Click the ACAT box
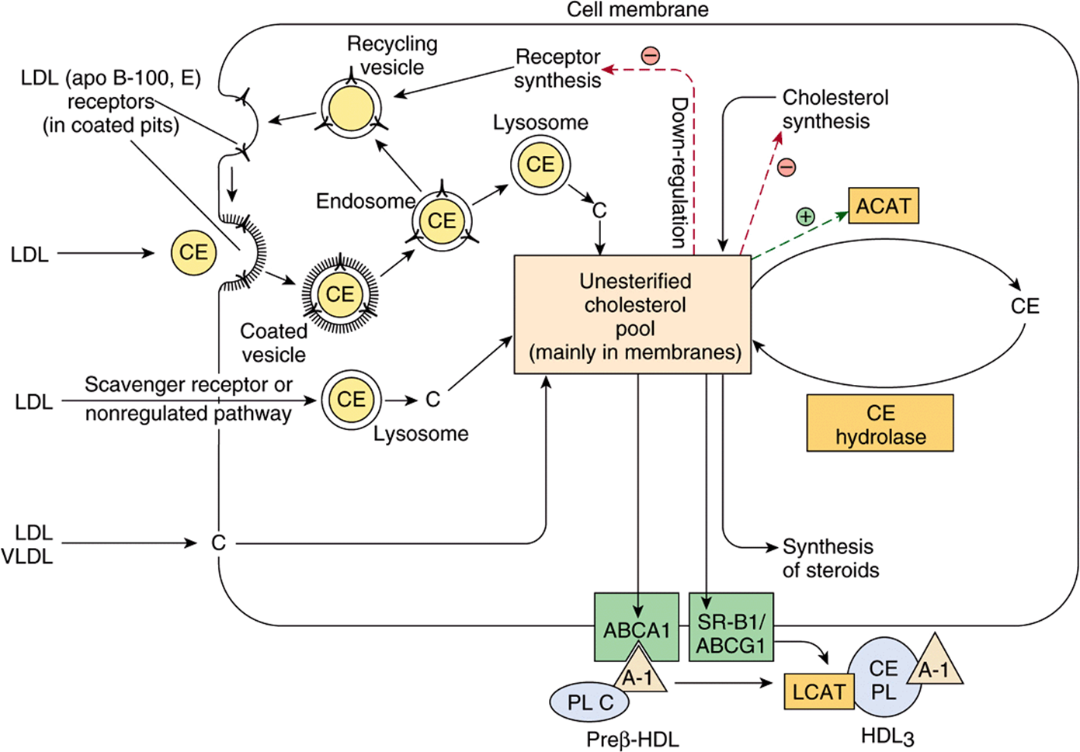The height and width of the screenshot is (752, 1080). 884,206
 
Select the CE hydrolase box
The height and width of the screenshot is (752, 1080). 880,423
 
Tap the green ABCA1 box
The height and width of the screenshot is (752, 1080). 637,627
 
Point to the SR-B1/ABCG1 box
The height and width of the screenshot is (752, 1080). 731,627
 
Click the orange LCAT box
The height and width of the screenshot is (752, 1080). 818,691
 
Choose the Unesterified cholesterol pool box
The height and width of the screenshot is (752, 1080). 633,315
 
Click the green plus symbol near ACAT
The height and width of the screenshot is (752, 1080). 805,217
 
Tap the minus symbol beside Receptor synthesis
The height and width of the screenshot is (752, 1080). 651,55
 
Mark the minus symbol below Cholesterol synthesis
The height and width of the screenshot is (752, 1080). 787,168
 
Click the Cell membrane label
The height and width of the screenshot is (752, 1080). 637,9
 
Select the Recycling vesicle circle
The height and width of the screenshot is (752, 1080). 352,109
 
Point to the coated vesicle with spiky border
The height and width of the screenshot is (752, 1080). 340,294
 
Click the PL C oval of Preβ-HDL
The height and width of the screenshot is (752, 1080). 589,703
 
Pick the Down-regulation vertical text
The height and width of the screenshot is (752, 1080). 679,172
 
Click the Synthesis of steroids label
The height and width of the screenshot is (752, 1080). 830,558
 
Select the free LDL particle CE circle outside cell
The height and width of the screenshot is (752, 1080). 193,252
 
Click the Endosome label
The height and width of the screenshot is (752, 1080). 366,201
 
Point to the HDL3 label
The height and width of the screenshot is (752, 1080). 887,736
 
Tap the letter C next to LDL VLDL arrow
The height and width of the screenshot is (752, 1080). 218,543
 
